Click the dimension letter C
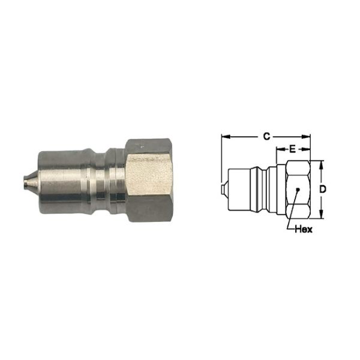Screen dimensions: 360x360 [266, 136]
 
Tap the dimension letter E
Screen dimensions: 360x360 [292, 149]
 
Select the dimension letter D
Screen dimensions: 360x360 [323, 190]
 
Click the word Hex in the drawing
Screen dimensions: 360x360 [304, 229]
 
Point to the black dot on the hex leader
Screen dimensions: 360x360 [298, 189]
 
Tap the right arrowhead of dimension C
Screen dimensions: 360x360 [306, 137]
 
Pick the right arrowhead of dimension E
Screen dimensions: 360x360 [306, 149]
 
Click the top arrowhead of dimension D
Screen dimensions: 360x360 [322, 165]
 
